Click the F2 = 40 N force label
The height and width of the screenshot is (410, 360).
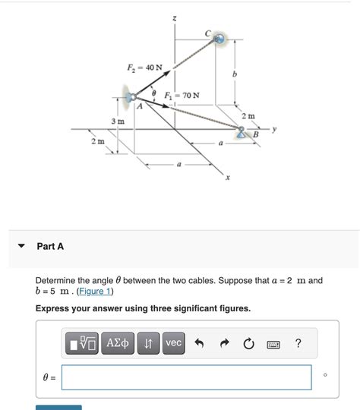144,68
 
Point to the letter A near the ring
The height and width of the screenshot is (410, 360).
139,107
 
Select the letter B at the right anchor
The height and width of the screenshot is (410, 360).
255,134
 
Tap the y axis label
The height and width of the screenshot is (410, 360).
274,129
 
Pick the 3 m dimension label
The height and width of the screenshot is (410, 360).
118,121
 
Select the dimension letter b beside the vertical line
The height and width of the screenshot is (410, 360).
235,74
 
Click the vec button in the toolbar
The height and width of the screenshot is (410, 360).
174,343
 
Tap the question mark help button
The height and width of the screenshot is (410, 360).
298,343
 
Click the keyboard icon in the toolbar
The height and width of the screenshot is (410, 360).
273,344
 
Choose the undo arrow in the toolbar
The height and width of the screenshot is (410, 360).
200,344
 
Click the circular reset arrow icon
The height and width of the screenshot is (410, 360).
248,344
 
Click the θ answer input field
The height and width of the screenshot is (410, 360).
187,377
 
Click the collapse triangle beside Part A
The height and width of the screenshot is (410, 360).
21,247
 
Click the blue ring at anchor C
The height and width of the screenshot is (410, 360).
219,38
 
